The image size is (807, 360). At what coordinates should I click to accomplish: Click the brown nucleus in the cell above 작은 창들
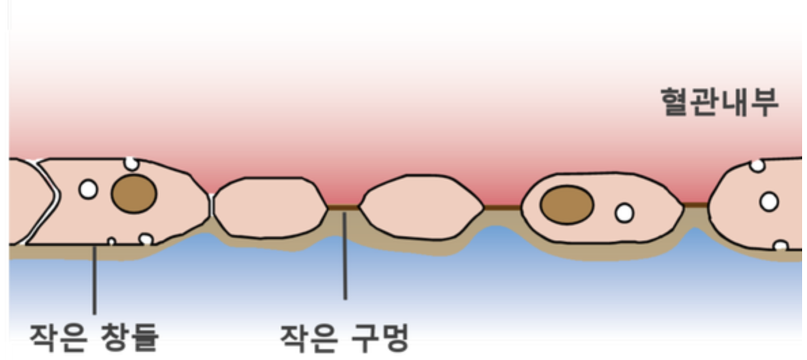(x=134, y=194)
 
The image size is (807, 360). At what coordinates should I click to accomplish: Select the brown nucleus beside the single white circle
(x=567, y=205)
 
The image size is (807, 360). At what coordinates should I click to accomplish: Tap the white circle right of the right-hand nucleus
(x=624, y=213)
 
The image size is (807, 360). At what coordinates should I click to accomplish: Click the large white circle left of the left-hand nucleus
(x=88, y=189)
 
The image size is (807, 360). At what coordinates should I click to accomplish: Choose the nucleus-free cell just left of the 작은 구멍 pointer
(x=271, y=207)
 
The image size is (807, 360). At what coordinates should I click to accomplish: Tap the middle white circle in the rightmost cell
(x=769, y=202)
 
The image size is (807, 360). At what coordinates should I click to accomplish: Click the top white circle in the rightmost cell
(x=757, y=165)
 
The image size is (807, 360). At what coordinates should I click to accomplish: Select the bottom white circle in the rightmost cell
(x=781, y=245)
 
